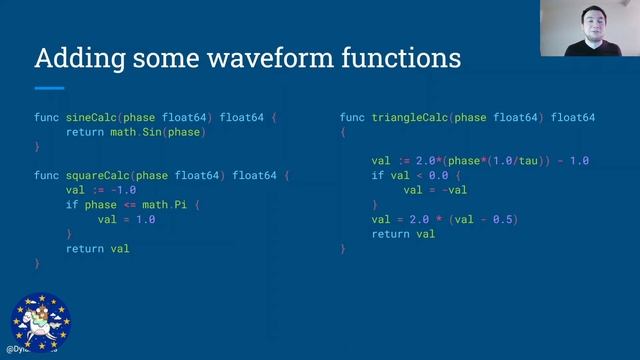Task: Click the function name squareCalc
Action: (101, 176)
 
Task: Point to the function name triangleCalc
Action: (413, 118)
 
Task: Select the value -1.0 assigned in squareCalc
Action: (123, 190)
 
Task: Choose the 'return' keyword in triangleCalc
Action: (390, 234)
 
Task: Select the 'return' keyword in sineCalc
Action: (85, 132)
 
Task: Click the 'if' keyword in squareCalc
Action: (72, 205)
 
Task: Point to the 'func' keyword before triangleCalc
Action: (352, 118)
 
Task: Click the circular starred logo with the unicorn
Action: (41, 320)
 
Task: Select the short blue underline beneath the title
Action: (49, 88)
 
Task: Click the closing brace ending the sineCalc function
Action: (37, 147)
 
